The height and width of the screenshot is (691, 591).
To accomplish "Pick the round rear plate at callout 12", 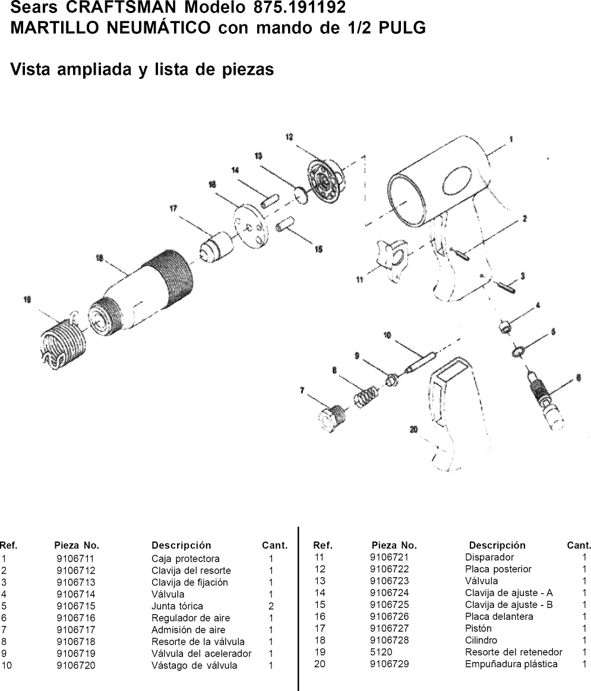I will [x=325, y=178].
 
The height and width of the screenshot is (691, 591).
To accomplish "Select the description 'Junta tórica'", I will [x=177, y=606].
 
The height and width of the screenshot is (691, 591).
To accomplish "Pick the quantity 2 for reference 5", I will [x=270, y=606].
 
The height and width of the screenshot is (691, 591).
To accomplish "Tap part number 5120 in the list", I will [x=380, y=652].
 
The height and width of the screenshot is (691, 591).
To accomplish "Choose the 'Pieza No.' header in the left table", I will [x=77, y=545].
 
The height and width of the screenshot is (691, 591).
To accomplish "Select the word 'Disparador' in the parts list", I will [x=489, y=557].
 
